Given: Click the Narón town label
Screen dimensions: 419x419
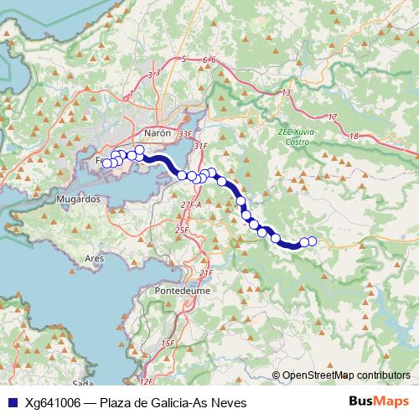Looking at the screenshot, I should (158, 133).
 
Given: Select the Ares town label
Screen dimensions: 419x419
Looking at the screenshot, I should (94, 260).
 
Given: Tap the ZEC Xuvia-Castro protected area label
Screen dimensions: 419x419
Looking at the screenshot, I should (292, 137).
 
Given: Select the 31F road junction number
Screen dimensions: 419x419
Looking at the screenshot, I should (199, 146).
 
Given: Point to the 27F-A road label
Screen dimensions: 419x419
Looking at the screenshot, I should (191, 204).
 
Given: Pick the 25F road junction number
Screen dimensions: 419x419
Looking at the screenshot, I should (182, 230).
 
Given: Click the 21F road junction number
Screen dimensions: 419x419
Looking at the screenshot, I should (206, 273).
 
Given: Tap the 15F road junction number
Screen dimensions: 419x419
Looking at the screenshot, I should (168, 344).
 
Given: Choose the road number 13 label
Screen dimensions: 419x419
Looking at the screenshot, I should (287, 92).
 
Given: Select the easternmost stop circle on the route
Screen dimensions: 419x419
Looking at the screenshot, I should (312, 241).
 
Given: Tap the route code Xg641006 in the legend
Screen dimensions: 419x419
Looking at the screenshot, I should (53, 402).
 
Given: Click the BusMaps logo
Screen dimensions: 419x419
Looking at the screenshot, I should (378, 401).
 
